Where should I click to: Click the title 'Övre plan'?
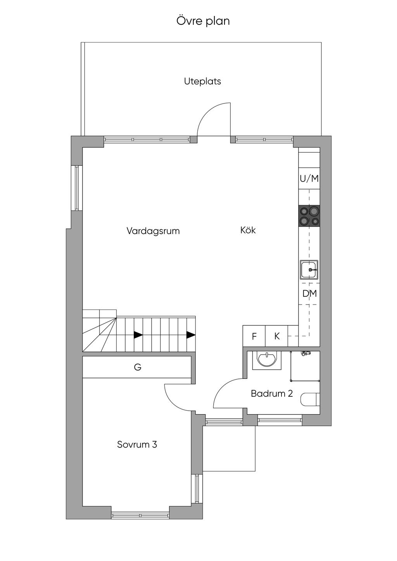pos(203,21)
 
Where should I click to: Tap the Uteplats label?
pos(202,82)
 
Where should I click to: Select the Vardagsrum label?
pos(153,231)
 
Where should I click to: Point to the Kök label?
pos(248,230)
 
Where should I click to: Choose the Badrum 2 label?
pos(272,394)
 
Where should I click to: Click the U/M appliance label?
pos(309,179)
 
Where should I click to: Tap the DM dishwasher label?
pos(309,293)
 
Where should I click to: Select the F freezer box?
pos(254,336)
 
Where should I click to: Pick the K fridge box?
pos(276,336)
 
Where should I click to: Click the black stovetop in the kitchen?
pos(309,216)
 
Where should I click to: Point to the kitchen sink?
pos(309,270)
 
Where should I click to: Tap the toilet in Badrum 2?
pos(310,399)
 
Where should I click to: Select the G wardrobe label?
pos(138,367)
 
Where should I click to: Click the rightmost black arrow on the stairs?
pos(191,335)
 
